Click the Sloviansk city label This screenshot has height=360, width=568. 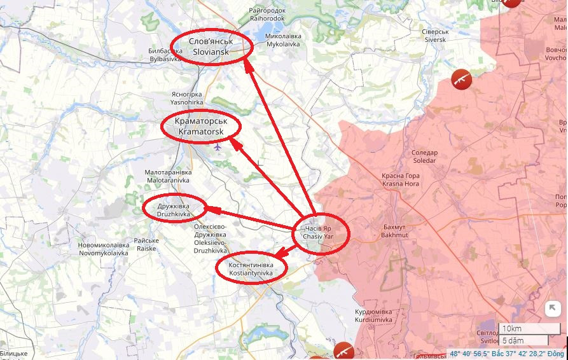pos(211,46)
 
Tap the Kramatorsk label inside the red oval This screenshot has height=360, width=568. pos(201,126)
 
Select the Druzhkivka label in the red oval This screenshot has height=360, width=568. pos(174,211)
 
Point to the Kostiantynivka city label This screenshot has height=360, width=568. pos(251,268)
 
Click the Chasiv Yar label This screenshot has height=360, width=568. pos(318,232)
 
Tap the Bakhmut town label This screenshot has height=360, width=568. pos(396,230)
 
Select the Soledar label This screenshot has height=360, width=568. pos(424,156)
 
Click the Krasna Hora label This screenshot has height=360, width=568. pos(401,179)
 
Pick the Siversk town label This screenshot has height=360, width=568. pos(436,36)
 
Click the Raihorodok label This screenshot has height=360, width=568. pos(267,15)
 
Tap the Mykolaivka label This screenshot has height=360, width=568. pos(284,41)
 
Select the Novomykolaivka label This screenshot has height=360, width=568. pos(103,249)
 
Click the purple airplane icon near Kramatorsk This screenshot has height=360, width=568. pos(218,147)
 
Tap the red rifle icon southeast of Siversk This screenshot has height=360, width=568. pos(461,79)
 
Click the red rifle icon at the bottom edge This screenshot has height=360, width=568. pos(343,351)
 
